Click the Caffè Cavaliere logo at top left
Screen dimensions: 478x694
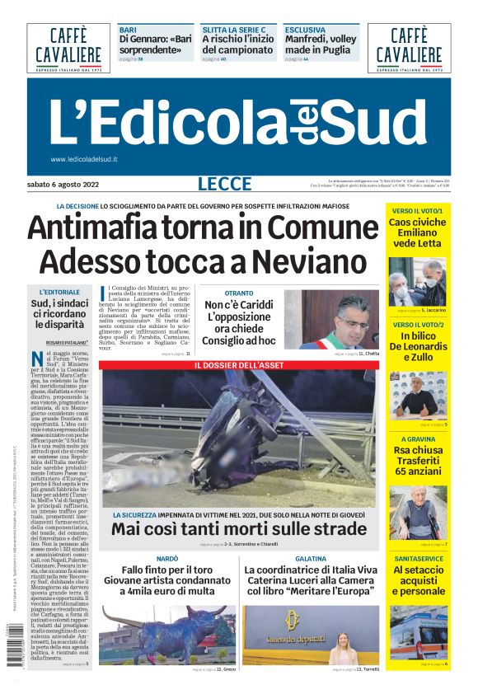tap(68, 47)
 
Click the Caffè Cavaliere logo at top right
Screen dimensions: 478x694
tap(409, 47)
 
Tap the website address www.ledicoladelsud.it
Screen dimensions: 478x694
tap(83, 159)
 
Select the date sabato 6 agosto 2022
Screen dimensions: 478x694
tap(62, 183)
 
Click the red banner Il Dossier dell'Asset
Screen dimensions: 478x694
tap(239, 364)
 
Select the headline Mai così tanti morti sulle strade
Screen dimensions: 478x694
tap(239, 528)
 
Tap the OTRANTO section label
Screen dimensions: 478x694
tap(239, 293)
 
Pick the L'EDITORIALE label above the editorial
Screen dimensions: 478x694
tap(59, 292)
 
